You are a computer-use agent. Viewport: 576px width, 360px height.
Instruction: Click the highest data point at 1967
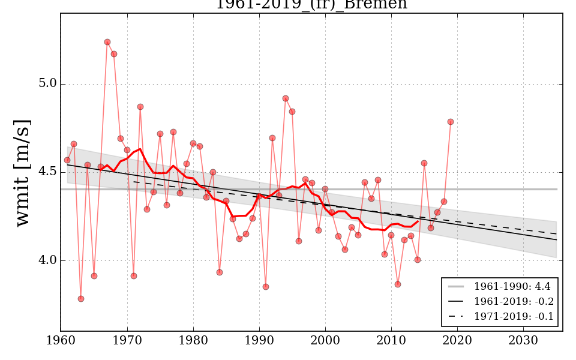pos(107,42)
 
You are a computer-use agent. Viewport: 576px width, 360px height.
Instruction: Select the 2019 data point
pos(451,122)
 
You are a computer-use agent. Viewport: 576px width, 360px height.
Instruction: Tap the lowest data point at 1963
pos(81,299)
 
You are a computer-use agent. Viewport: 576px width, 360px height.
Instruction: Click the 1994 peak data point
pos(286,98)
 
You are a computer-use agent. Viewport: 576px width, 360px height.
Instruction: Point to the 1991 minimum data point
pos(266,287)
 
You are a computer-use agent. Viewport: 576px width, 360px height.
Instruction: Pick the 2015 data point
pos(424,163)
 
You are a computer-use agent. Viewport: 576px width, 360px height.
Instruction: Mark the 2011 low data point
pos(398,284)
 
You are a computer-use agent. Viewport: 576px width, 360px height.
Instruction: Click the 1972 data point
pos(140,107)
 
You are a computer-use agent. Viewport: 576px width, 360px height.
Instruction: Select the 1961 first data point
pos(67,160)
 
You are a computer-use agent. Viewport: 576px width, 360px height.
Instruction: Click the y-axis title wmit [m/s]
pos(23,173)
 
